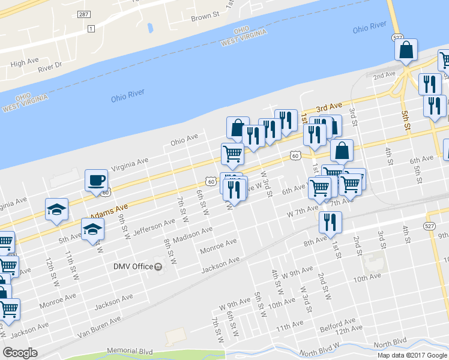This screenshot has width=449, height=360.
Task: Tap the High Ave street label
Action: [x=25, y=62]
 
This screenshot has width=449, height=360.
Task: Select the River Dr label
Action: [x=50, y=67]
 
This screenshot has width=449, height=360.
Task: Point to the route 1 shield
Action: [x=91, y=29]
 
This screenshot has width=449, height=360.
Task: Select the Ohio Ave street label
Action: [x=184, y=140]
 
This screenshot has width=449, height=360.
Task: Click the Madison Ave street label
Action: [x=192, y=235]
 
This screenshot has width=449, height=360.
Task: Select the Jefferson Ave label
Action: [x=153, y=226]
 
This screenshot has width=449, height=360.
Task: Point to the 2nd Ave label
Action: [x=384, y=75]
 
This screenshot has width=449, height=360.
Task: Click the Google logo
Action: [x=20, y=352]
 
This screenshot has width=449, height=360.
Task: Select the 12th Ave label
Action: [x=349, y=329]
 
